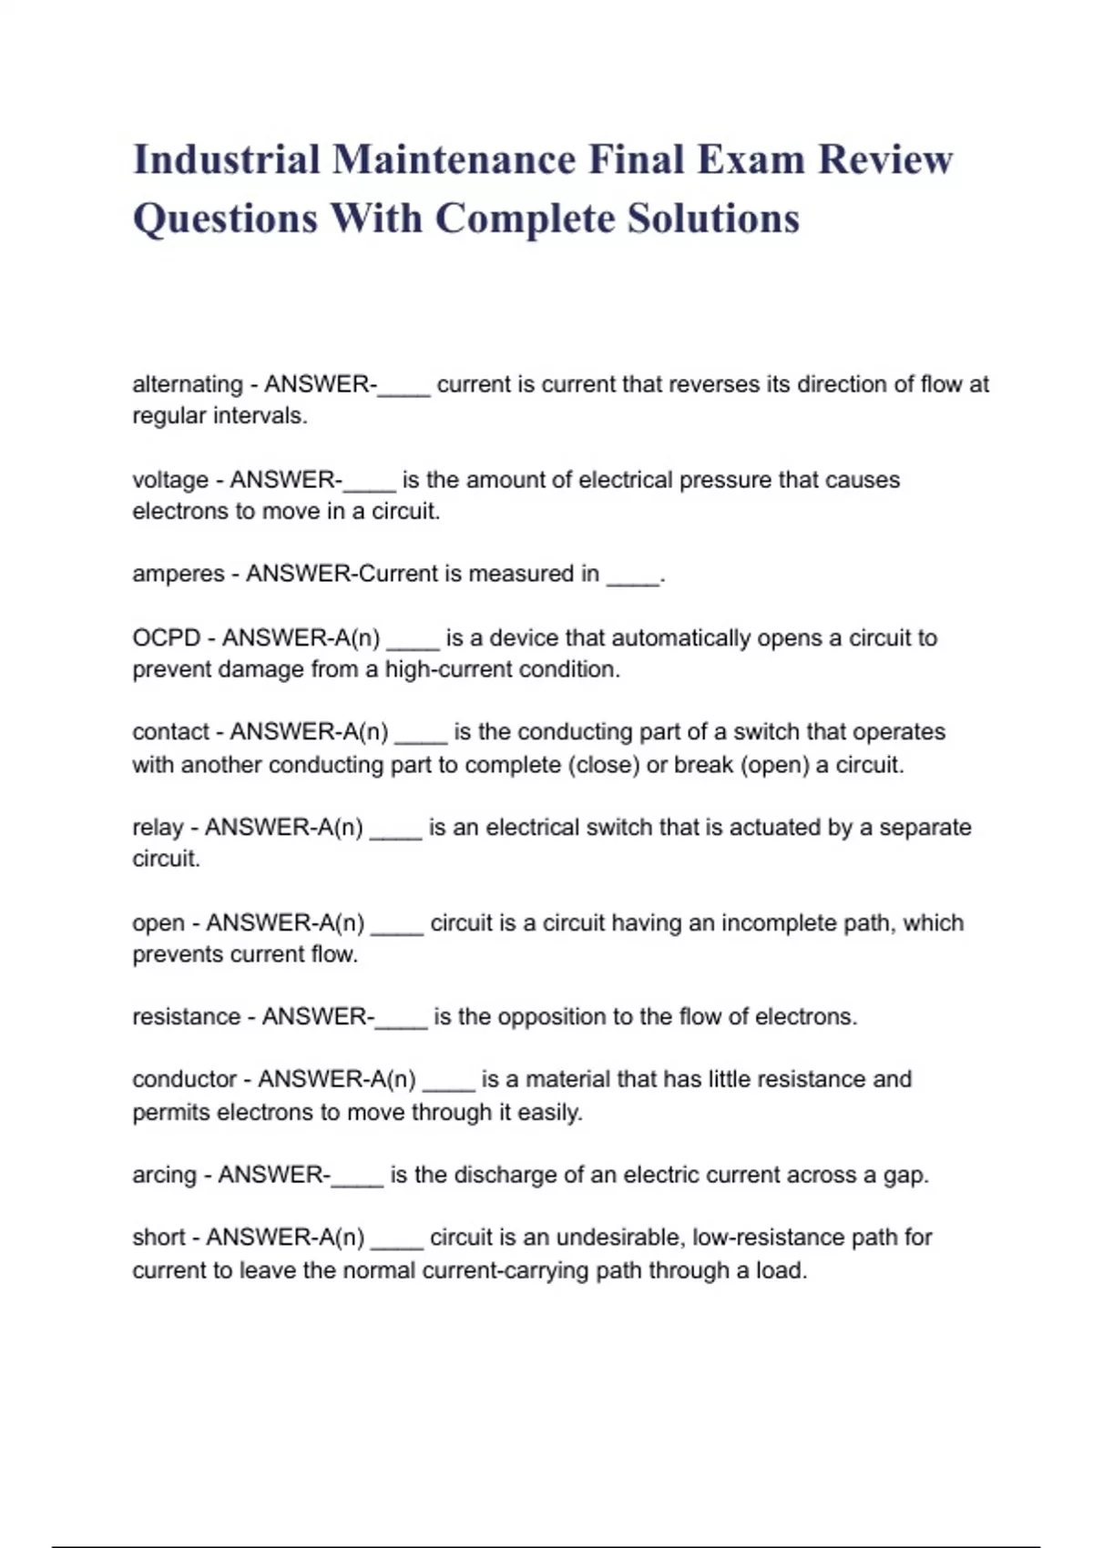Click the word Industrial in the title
[x=226, y=160]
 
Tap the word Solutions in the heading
[x=713, y=219]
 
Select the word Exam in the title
[x=751, y=160]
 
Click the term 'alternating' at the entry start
[x=188, y=384]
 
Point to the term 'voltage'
[x=170, y=480]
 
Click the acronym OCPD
[x=167, y=637]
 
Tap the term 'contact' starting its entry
[x=171, y=732]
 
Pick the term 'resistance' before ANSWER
[x=187, y=1017]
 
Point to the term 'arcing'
[x=165, y=1176]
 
